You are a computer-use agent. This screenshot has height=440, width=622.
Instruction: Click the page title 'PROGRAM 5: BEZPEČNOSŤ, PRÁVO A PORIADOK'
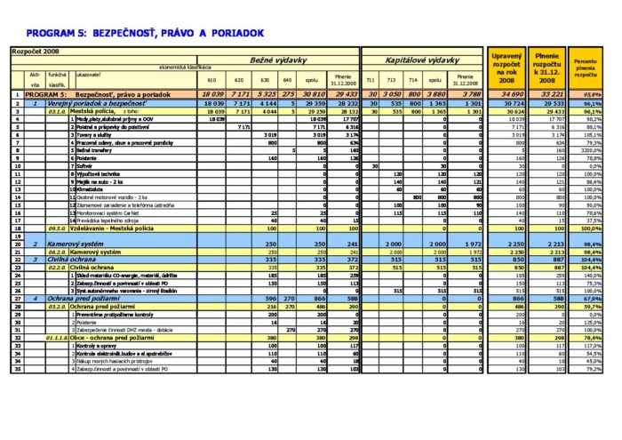147,32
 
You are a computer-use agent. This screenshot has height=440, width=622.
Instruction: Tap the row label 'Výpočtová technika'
100,174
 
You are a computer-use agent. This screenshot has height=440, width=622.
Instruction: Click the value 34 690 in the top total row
506,94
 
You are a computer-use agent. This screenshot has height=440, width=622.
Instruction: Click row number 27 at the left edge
16,299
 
